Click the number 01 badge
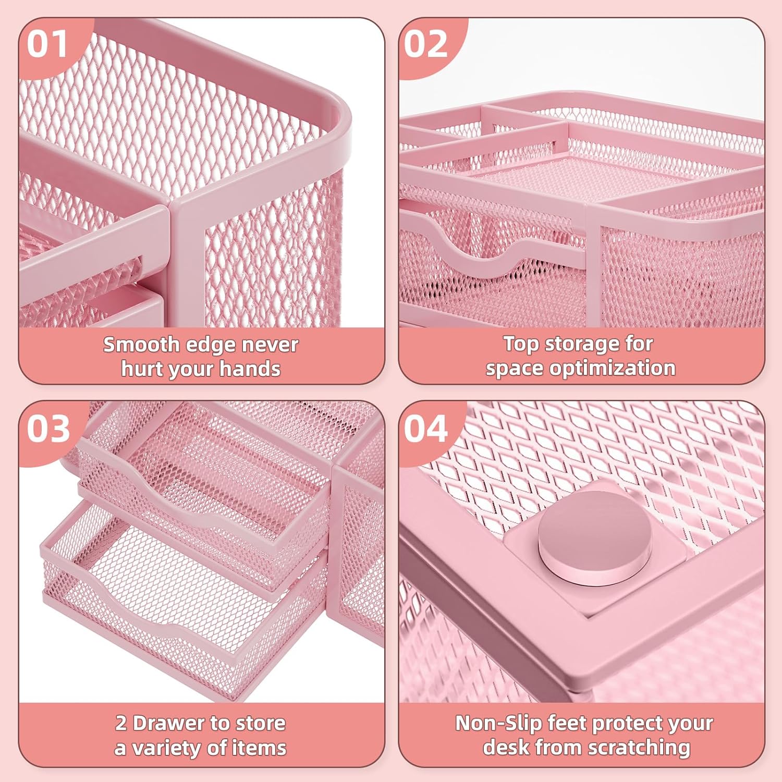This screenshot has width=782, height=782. point(47,44)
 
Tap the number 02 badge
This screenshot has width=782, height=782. point(426,44)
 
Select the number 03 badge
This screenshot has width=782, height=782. point(48,429)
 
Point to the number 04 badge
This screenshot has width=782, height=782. point(426,429)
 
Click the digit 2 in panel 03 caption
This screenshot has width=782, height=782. point(121,724)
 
